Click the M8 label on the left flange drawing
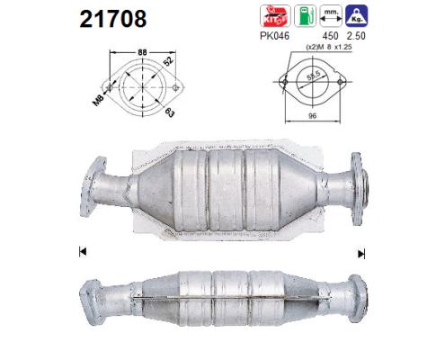[102, 100]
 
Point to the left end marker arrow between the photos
[84, 250]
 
